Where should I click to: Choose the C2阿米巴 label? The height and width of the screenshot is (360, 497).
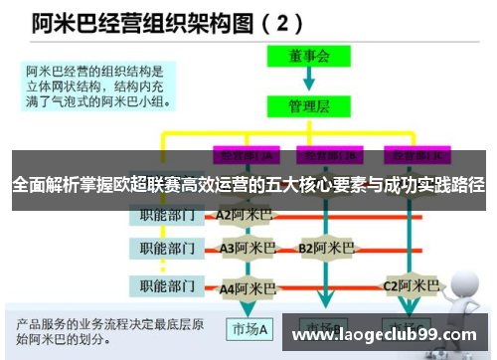412,286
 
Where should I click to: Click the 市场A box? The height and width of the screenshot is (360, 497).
251,328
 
